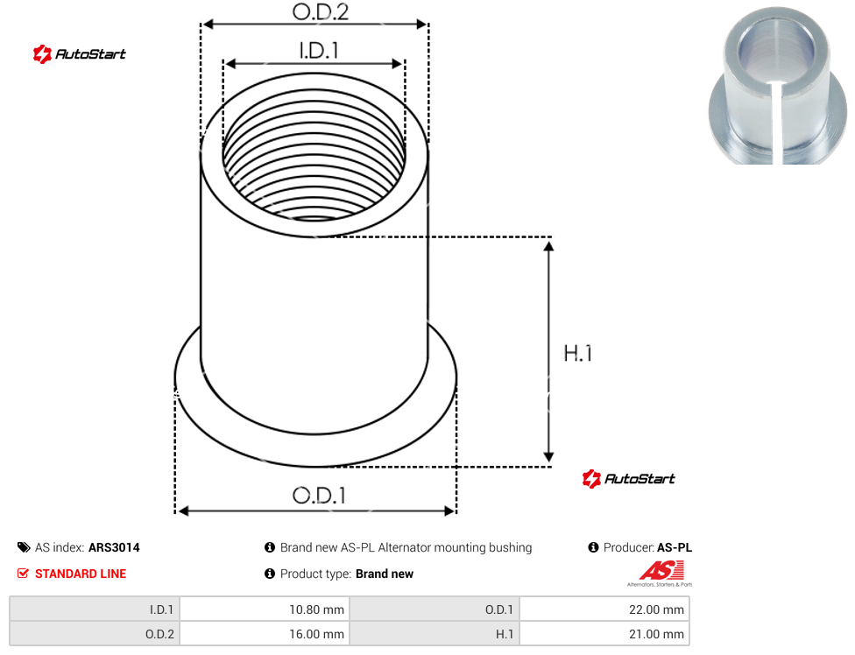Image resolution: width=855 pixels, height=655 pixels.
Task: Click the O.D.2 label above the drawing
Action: click(x=320, y=12)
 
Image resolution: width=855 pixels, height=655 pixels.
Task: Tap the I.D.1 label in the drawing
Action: click(x=319, y=51)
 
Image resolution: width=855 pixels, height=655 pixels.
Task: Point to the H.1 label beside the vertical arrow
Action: click(x=578, y=353)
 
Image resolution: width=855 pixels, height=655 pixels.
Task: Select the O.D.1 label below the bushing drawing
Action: click(x=319, y=496)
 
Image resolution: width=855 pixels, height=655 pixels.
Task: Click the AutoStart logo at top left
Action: click(x=80, y=54)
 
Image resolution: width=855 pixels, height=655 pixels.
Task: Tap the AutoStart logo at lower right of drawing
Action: click(x=629, y=478)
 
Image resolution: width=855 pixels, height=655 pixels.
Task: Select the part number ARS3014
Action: click(x=114, y=547)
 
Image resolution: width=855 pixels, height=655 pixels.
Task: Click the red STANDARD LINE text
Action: click(x=81, y=574)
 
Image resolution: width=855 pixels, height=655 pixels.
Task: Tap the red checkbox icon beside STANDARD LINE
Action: click(x=23, y=574)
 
